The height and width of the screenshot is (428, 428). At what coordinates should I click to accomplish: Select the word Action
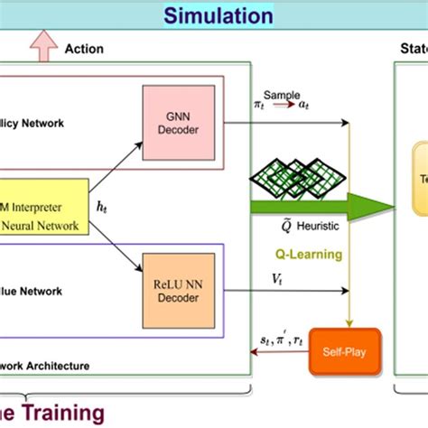point(84,49)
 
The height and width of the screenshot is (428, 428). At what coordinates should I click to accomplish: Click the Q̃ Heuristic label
point(297,226)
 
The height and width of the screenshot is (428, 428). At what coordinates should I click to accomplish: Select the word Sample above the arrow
point(281,95)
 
